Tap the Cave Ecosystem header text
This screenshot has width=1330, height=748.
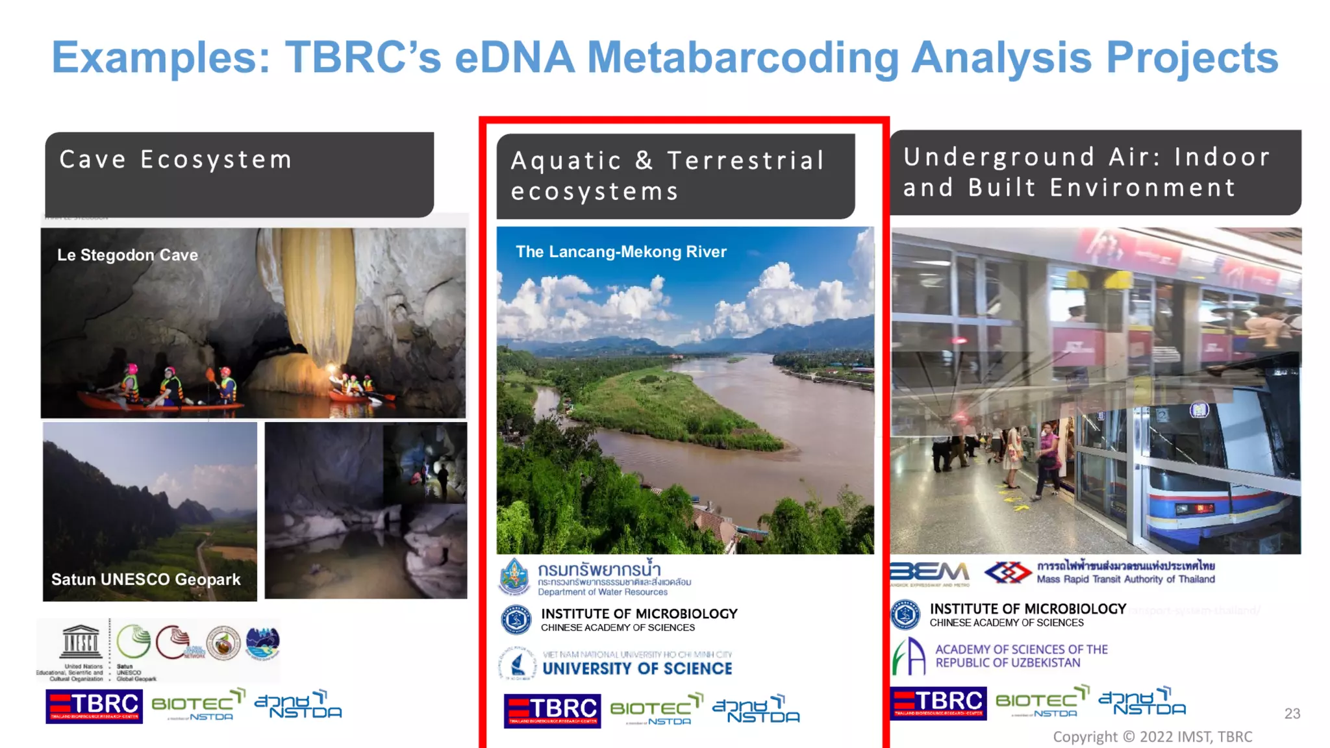click(x=175, y=160)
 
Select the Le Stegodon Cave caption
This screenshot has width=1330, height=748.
click(x=127, y=255)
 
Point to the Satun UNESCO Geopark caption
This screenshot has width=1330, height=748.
click(x=145, y=579)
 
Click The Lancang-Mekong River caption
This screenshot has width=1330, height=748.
click(x=621, y=252)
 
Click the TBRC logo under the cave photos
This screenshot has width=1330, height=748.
click(x=94, y=706)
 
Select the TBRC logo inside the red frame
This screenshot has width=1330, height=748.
click(x=552, y=710)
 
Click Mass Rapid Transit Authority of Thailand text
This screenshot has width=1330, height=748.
click(x=1125, y=579)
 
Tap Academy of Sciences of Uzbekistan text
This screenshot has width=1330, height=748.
click(x=1021, y=656)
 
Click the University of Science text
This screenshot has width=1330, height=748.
click(x=637, y=669)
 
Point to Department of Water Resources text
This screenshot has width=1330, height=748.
click(x=602, y=592)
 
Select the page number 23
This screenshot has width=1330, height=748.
click(x=1292, y=714)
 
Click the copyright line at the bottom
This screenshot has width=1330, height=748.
click(x=1152, y=737)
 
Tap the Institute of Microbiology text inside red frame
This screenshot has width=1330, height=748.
click(x=639, y=614)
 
